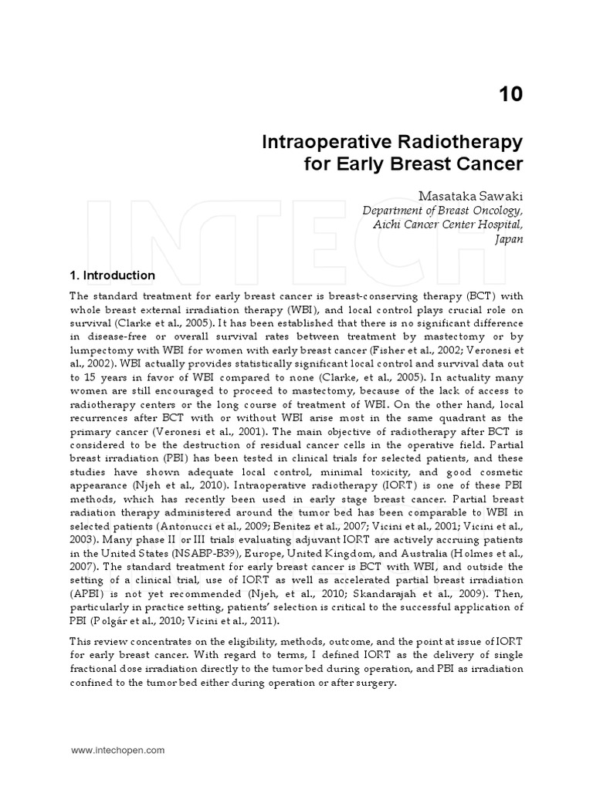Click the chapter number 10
click(x=510, y=95)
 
